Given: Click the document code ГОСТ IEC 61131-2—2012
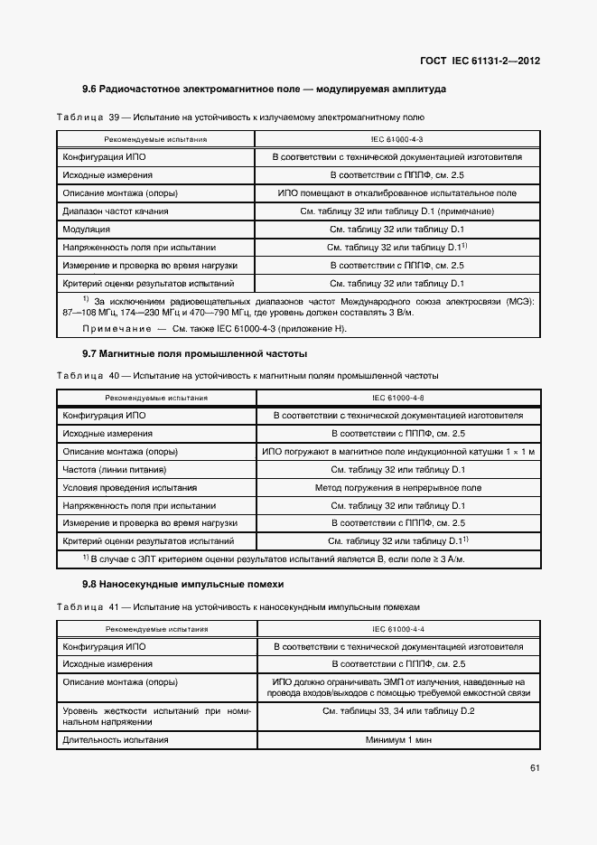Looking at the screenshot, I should click(480, 61).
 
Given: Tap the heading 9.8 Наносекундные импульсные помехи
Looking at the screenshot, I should click(182, 584).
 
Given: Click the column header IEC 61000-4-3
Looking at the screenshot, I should click(397, 140).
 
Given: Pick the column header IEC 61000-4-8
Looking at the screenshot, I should click(397, 398).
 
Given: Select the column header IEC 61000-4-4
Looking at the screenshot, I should click(397, 629).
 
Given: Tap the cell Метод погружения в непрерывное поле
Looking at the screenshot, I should click(397, 487).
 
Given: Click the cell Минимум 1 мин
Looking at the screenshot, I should click(397, 740).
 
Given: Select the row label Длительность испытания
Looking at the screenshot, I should click(116, 740).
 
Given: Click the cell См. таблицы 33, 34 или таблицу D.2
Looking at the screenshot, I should click(397, 711).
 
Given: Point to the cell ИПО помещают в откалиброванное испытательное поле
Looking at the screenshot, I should click(397, 193).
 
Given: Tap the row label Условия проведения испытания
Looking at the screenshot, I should click(124, 487).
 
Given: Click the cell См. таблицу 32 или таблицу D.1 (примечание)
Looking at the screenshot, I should click(397, 211).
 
